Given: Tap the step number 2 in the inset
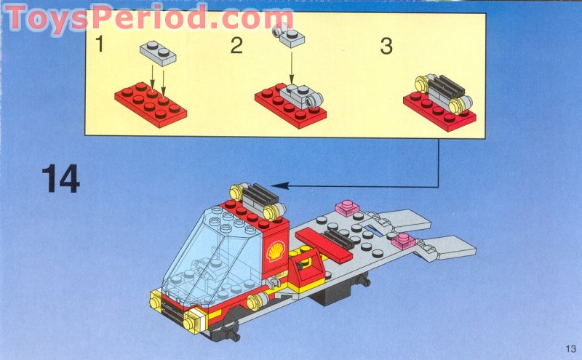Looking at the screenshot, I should point(236,46).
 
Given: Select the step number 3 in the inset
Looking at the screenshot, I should point(386,46).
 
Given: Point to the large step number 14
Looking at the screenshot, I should point(60,179).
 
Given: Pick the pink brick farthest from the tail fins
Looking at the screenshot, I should point(348,211).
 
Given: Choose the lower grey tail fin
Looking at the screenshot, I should point(451,247).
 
